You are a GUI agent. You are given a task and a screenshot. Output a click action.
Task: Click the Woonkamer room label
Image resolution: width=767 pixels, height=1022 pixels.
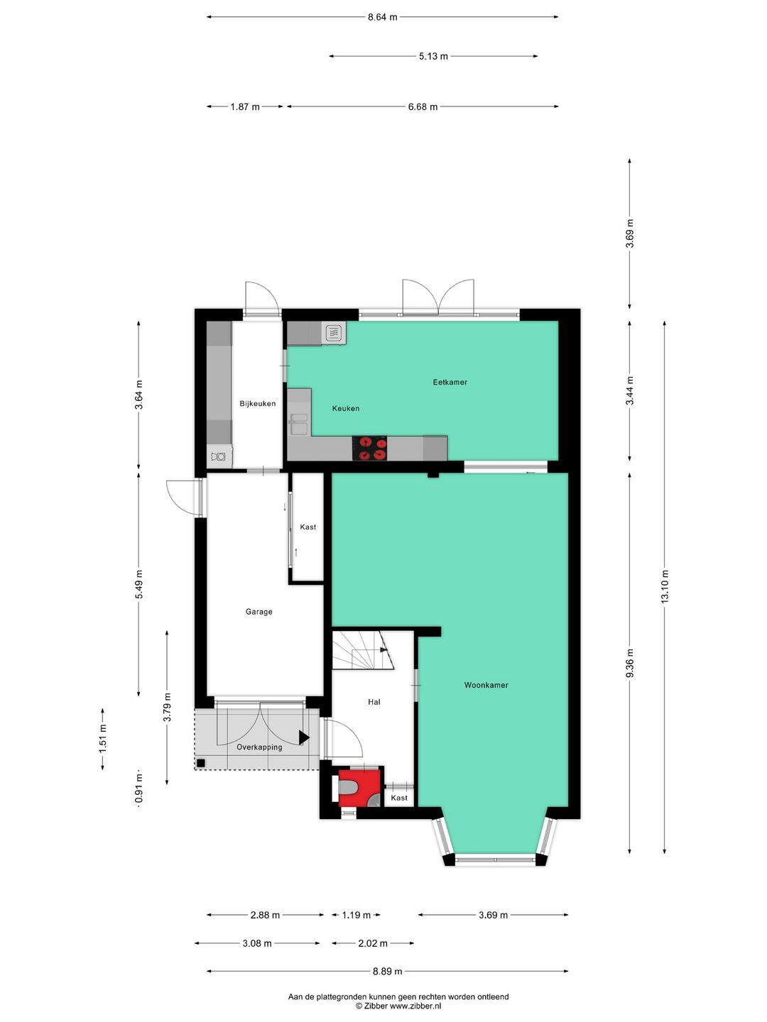486,685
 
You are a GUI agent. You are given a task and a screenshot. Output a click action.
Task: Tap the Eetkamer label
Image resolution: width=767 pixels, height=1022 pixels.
450,382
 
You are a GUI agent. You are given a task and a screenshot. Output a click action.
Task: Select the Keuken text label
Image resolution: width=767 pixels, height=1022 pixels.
346,408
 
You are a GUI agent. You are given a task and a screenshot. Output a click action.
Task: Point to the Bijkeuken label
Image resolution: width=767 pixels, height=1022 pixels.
257,403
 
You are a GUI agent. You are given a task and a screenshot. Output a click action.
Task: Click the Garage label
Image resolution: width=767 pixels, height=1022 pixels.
259,611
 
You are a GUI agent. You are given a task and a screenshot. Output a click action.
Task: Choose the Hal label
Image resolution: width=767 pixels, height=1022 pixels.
374,702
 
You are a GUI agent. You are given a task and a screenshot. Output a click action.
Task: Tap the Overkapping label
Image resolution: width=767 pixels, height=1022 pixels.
259,747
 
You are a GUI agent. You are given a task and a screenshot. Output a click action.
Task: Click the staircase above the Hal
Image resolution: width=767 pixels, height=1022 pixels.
362,650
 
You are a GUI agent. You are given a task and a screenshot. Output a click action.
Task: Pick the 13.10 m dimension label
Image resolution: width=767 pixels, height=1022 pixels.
665,586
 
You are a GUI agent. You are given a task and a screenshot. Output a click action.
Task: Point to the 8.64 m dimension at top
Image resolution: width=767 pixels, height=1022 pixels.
382,17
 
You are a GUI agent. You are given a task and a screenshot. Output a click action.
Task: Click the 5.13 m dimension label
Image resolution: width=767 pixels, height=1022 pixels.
433,56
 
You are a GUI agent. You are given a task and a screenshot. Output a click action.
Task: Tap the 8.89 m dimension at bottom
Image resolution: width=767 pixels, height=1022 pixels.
387,972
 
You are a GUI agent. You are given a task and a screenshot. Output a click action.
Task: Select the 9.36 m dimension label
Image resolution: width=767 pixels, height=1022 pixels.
630,663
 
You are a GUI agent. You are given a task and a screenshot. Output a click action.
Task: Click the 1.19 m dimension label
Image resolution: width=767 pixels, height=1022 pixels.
356,915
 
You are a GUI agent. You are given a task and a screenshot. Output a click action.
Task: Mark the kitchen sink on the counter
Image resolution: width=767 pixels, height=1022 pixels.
299,424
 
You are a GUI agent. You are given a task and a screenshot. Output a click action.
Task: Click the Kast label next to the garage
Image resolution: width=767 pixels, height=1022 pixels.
308,527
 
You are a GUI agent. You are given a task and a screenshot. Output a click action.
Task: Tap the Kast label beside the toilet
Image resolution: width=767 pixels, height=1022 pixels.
399,798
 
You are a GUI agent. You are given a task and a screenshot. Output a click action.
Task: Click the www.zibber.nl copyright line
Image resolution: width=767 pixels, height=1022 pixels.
398,1006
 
